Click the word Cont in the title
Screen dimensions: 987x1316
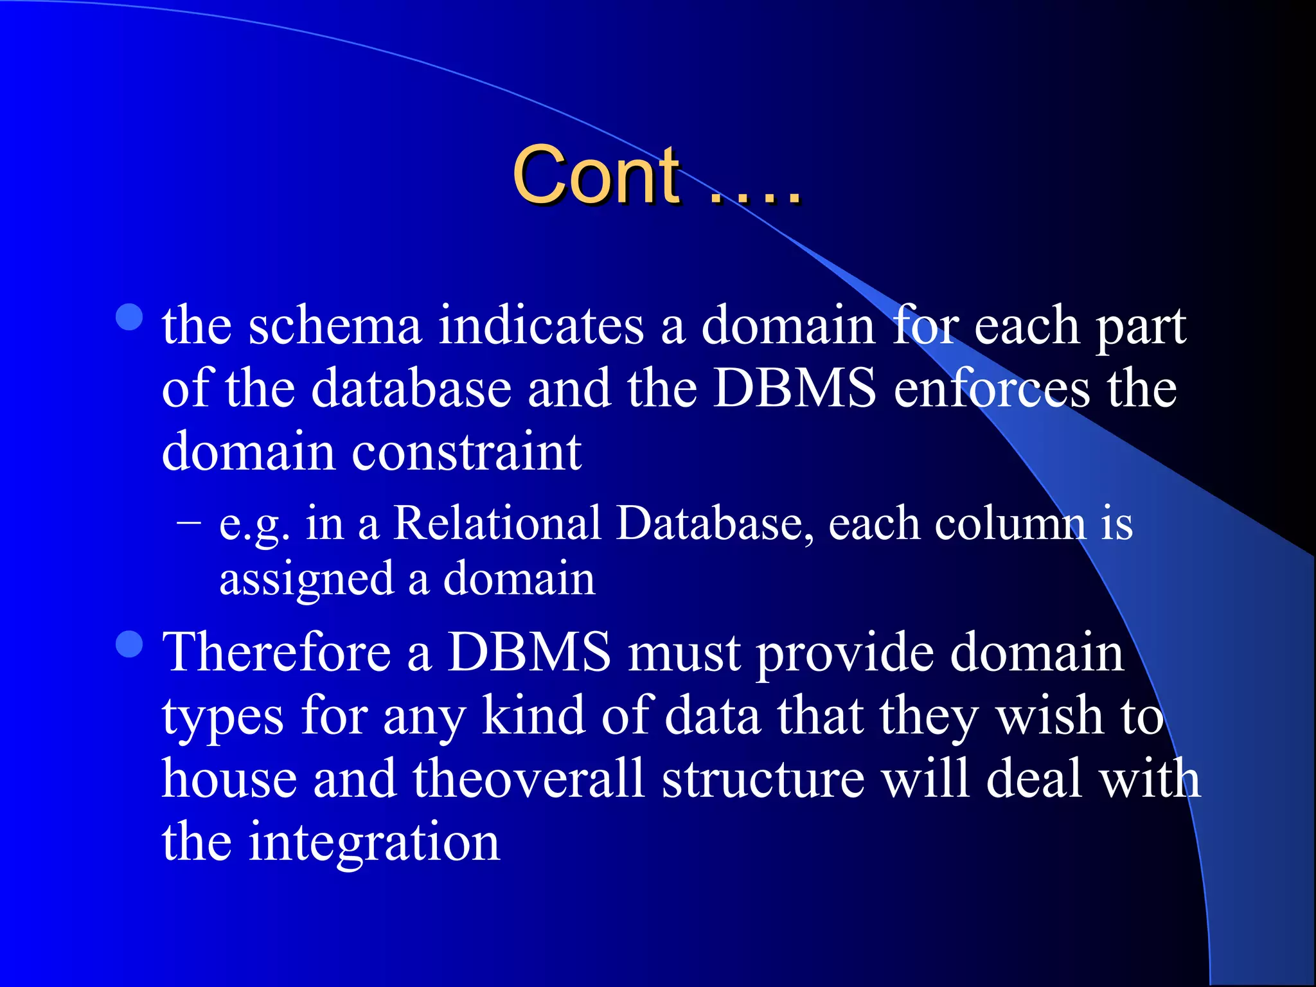click(x=596, y=175)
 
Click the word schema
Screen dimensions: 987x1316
click(x=335, y=326)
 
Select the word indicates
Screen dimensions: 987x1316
click(x=541, y=326)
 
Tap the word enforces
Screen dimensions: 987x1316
click(x=991, y=389)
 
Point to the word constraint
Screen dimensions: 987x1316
click(x=467, y=452)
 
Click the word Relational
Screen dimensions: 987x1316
click(x=497, y=523)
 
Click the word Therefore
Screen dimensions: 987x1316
click(x=277, y=652)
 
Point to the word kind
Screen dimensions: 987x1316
click(x=533, y=715)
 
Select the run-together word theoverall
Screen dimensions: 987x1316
click(x=528, y=779)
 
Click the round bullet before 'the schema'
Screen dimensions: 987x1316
click(x=130, y=317)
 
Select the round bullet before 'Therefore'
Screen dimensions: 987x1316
click(x=130, y=644)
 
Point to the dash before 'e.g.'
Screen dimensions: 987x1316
click(x=189, y=522)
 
